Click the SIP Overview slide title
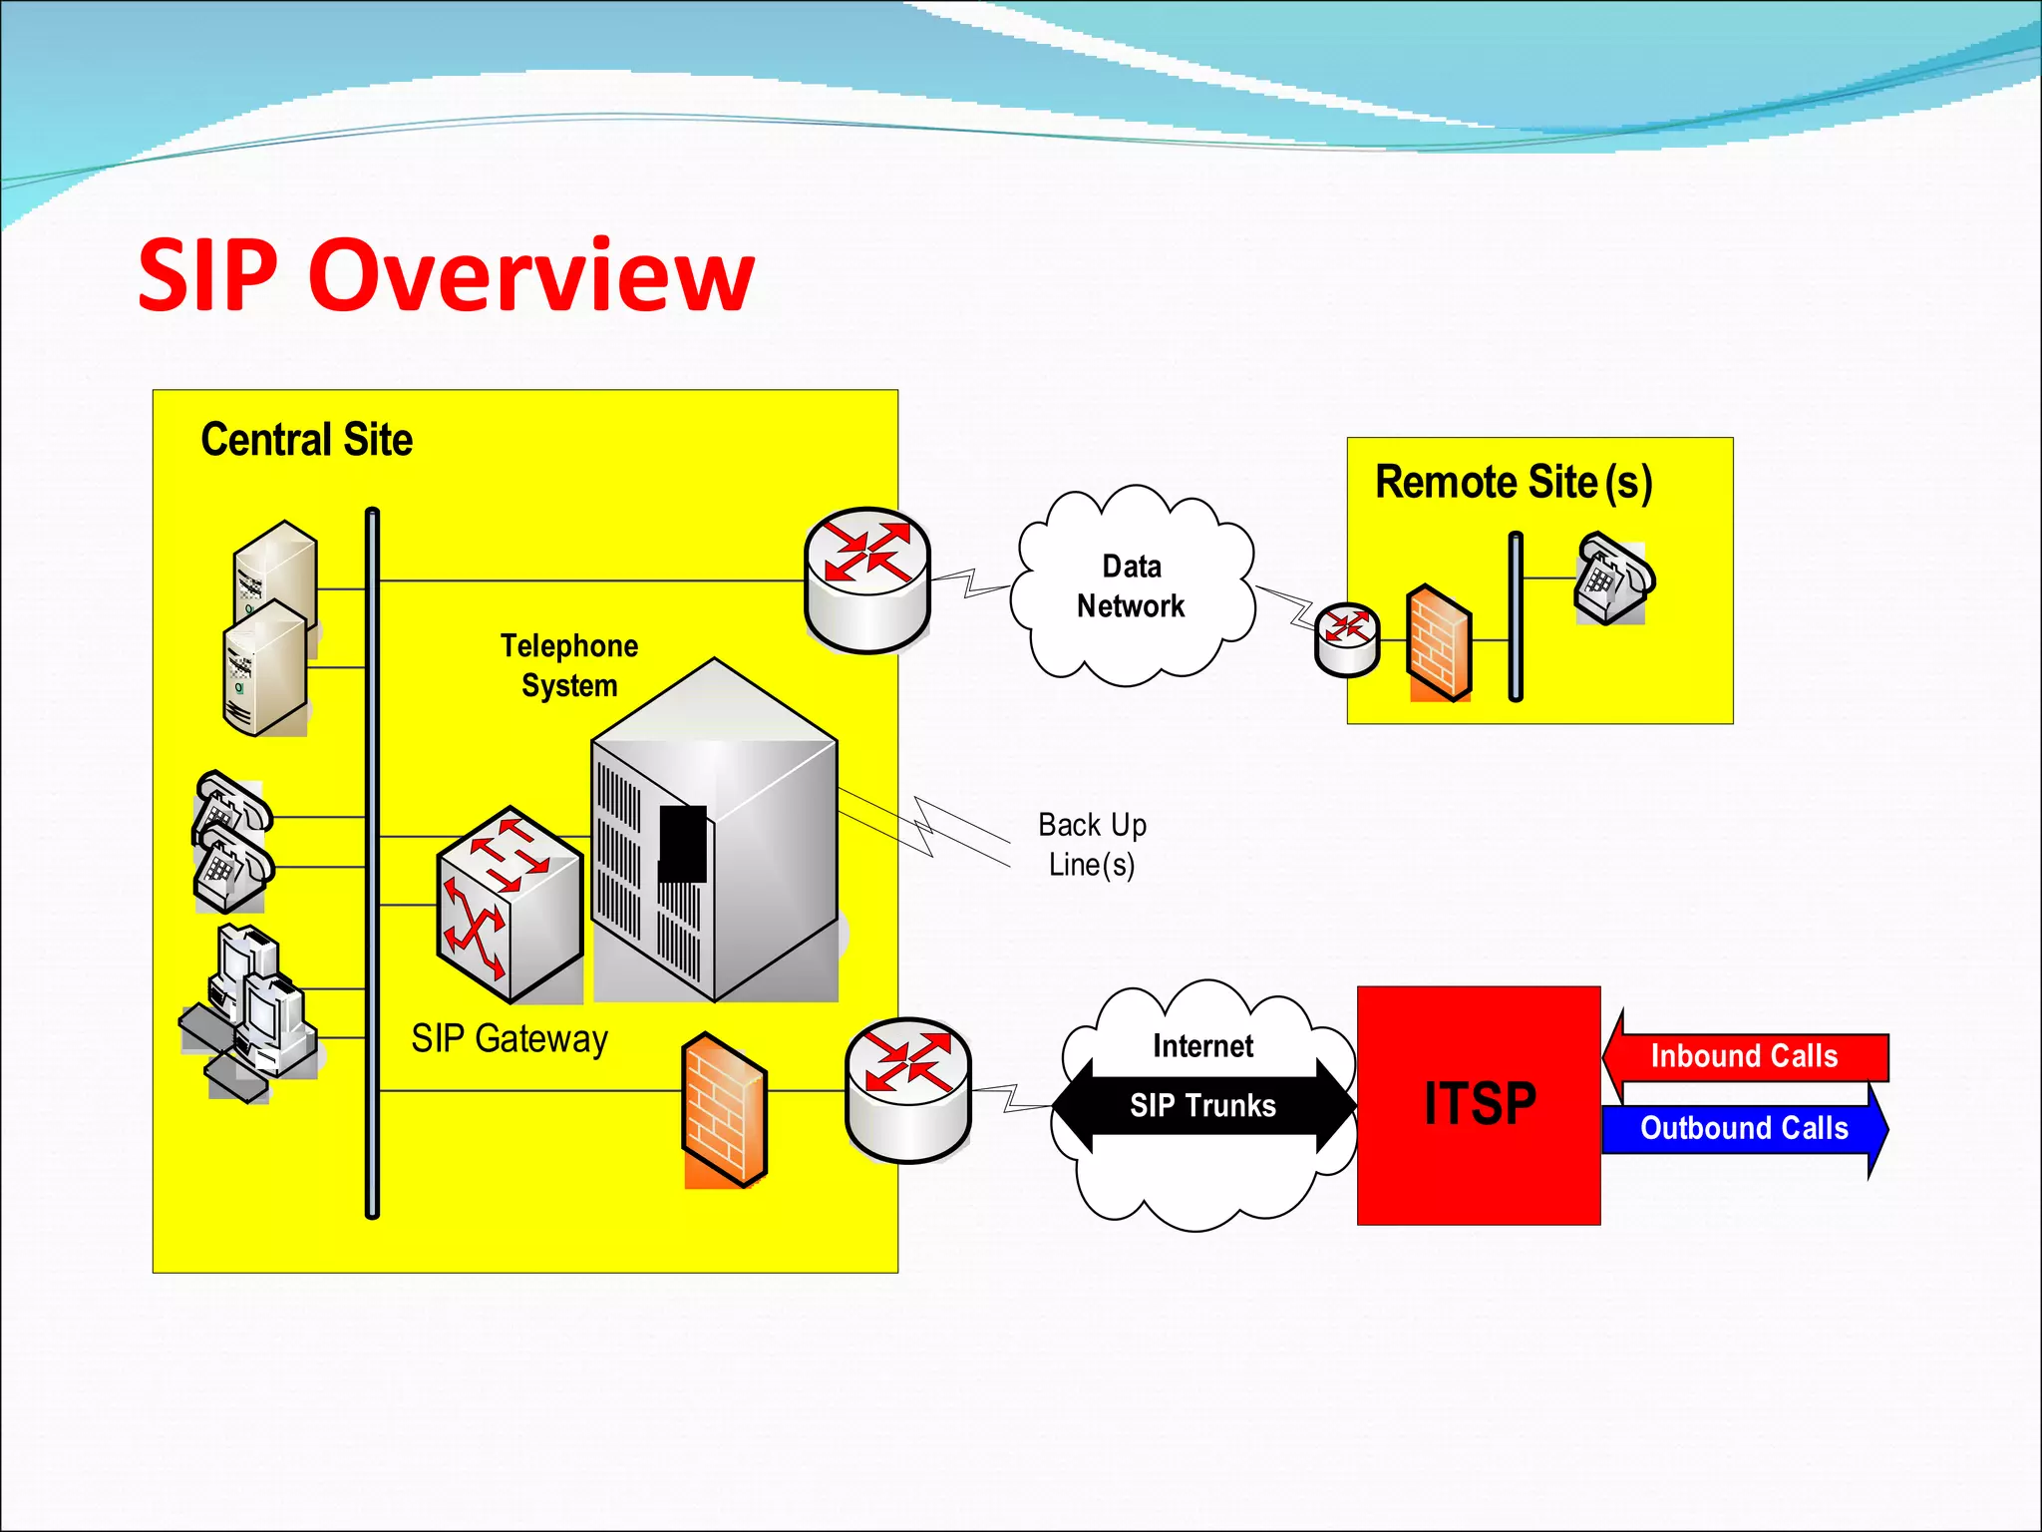point(446,275)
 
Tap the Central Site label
point(306,440)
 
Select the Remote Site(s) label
point(1513,483)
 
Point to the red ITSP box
point(1479,1104)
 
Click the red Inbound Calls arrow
point(1744,1056)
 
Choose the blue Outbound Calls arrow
point(1744,1128)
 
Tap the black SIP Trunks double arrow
point(1202,1105)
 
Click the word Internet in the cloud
point(1202,1045)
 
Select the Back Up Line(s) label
point(1092,844)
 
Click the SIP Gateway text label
point(509,1038)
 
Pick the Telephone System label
point(568,665)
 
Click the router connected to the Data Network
point(866,579)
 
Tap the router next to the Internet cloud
point(907,1089)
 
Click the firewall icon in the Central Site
point(725,1109)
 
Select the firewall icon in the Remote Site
point(1439,642)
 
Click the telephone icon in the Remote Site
point(1611,578)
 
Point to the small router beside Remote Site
point(1347,639)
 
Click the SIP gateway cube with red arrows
point(510,904)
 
